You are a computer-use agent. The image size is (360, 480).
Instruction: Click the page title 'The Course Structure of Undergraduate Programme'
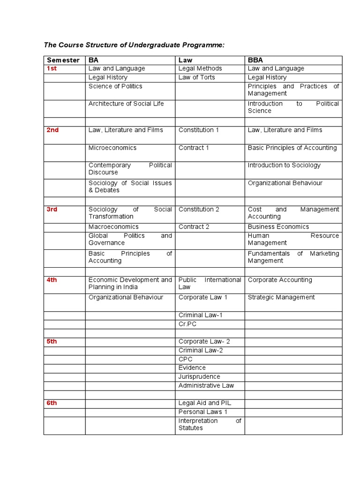click(x=134, y=45)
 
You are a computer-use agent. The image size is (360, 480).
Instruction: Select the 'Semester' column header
click(x=63, y=60)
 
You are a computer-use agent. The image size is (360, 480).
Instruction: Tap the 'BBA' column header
click(x=255, y=60)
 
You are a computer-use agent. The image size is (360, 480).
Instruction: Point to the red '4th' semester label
click(x=52, y=280)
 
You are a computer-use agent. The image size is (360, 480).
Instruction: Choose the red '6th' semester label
click(x=52, y=403)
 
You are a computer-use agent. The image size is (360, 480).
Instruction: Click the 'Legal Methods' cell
click(x=200, y=68)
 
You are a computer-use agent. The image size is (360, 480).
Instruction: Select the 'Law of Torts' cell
click(x=196, y=77)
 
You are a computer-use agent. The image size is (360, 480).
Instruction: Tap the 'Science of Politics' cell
click(x=115, y=86)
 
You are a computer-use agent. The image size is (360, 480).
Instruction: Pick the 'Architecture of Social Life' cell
click(x=126, y=104)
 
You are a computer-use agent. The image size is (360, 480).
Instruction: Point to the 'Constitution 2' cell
click(x=199, y=209)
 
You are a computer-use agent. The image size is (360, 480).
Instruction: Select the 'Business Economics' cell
click(x=278, y=227)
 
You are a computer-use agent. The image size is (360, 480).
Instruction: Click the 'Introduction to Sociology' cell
click(x=284, y=165)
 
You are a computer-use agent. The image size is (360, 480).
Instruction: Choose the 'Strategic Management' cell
click(x=281, y=297)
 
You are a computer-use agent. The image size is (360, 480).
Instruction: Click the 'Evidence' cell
click(x=192, y=368)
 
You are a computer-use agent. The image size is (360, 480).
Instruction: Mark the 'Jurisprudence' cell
click(x=199, y=377)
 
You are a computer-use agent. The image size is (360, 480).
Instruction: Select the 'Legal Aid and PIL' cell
click(x=205, y=403)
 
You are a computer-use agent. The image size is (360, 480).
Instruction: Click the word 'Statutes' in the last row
click(x=191, y=428)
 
